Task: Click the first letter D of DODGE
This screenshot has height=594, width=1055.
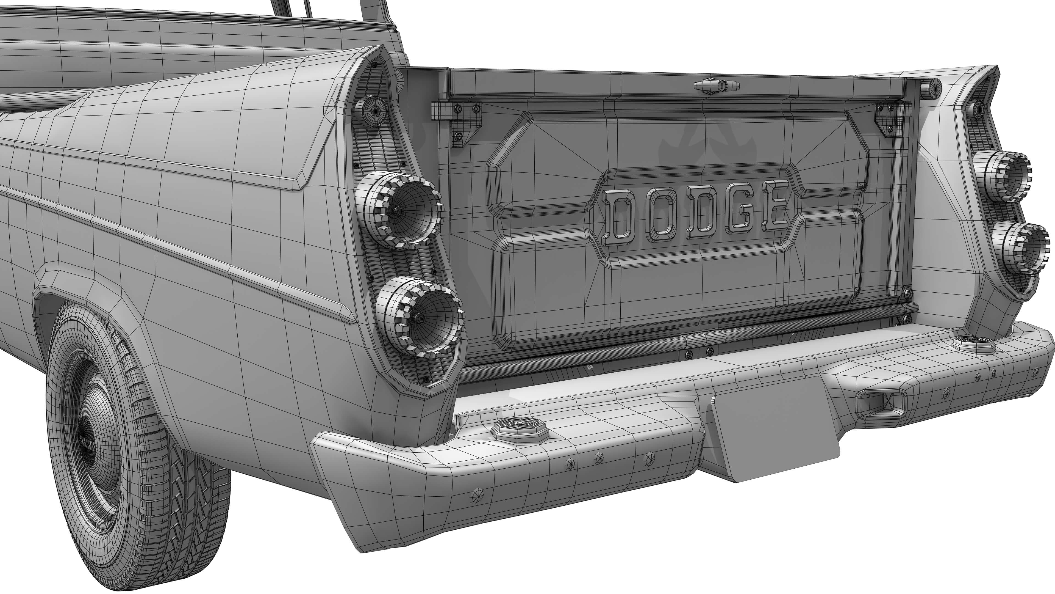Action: [x=619, y=218]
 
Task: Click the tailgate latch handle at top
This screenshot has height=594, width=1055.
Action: [x=716, y=85]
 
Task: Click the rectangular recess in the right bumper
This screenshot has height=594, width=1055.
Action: [x=879, y=402]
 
